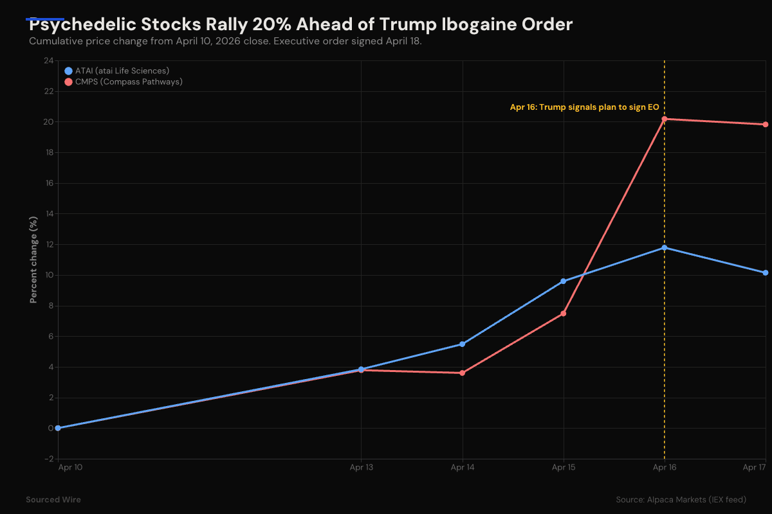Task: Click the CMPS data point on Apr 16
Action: (x=664, y=119)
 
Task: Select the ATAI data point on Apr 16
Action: (x=664, y=247)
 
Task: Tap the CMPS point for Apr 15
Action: (x=563, y=314)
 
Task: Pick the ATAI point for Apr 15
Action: (x=563, y=281)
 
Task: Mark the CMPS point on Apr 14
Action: (x=462, y=373)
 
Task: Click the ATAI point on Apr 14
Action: (x=462, y=344)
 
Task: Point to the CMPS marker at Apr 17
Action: (x=766, y=125)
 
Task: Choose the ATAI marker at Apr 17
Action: (x=766, y=272)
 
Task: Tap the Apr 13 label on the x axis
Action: (x=361, y=468)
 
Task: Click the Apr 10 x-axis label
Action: (x=70, y=468)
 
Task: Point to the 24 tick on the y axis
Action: (x=49, y=61)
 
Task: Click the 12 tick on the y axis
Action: (x=49, y=245)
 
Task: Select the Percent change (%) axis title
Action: (x=33, y=260)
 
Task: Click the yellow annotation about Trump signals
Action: (x=584, y=107)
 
